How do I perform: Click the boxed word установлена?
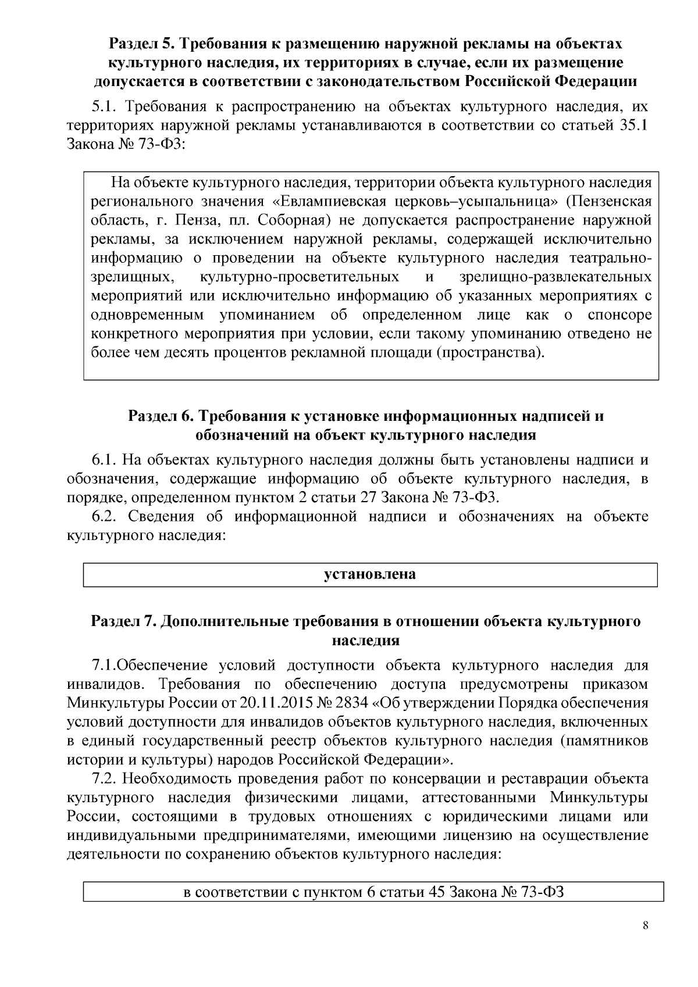click(x=370, y=574)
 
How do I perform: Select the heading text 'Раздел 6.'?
click(x=160, y=416)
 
